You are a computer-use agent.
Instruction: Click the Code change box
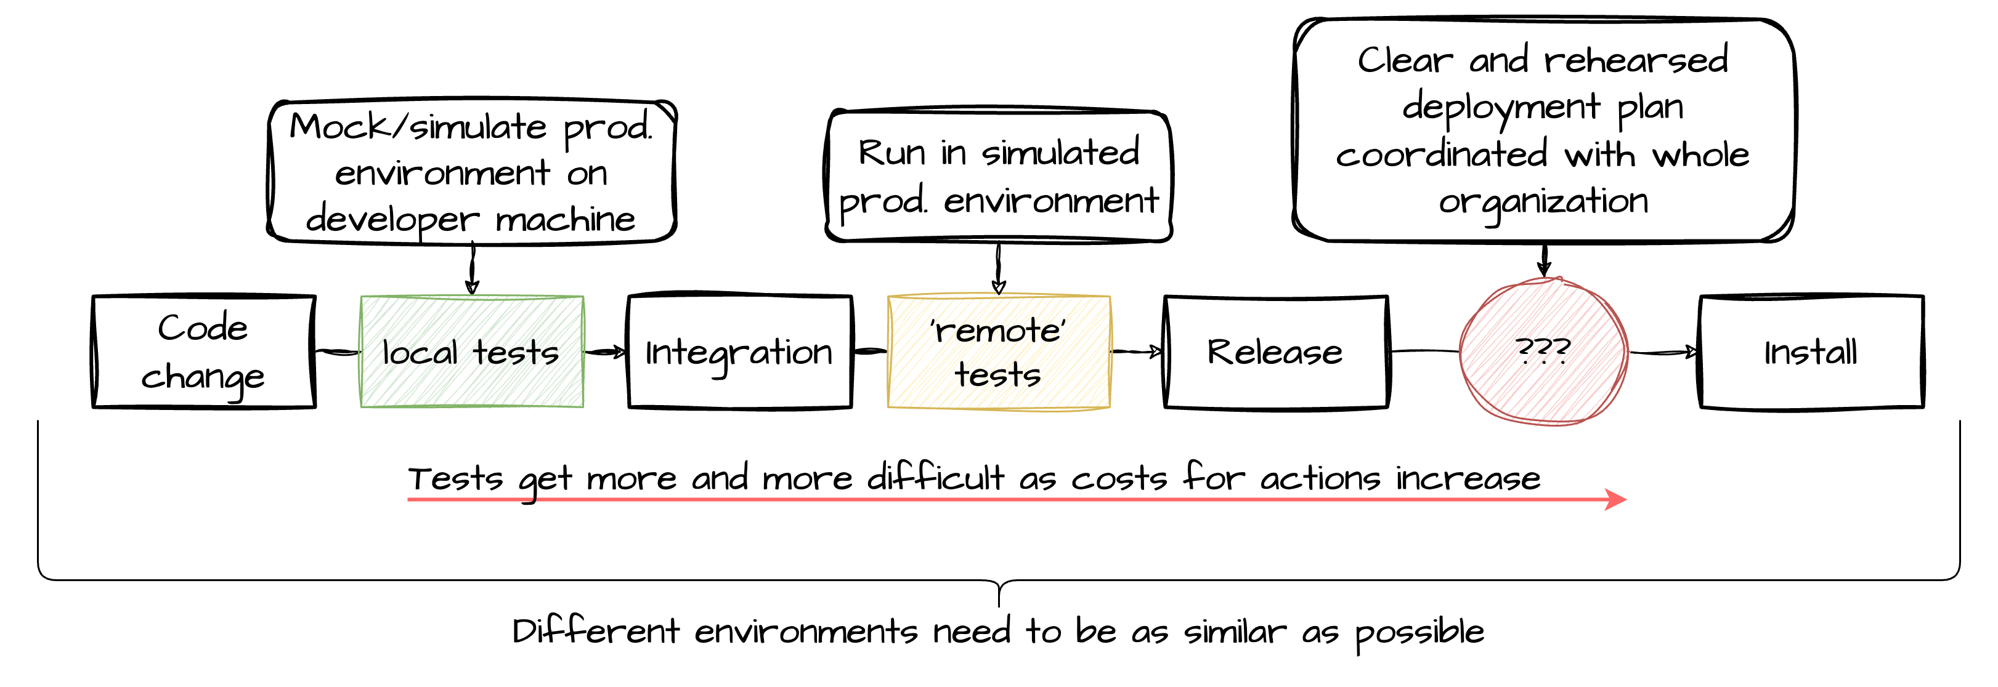[x=203, y=352]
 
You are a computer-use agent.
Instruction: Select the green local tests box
[x=471, y=352]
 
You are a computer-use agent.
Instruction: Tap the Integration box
[x=739, y=352]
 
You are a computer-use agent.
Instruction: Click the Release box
[x=1276, y=352]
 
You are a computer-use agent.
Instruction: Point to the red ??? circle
[x=1543, y=352]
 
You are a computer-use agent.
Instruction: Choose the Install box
[x=1811, y=352]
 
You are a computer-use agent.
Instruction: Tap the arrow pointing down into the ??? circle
[x=1545, y=260]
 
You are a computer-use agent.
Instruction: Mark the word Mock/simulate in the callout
[x=417, y=126]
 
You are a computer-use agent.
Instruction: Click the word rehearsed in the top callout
[x=1636, y=60]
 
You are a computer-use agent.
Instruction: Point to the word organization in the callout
[x=1543, y=201]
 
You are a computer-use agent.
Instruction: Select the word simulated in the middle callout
[x=1060, y=152]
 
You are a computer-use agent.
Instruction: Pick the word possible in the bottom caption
[x=1419, y=632]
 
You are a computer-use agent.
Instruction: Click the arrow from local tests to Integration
[x=605, y=353]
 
